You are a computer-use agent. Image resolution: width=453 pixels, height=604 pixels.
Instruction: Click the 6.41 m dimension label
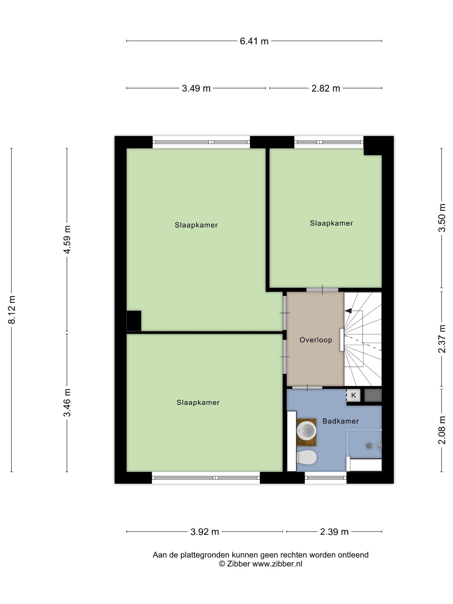pyautogui.click(x=254, y=41)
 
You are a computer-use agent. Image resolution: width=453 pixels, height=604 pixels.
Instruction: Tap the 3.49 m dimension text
pyautogui.click(x=196, y=88)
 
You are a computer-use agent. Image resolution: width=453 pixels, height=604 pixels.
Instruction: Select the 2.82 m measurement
pyautogui.click(x=326, y=88)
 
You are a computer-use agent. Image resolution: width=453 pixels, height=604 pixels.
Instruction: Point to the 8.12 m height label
pyautogui.click(x=12, y=310)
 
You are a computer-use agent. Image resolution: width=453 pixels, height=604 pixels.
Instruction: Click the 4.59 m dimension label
pyautogui.click(x=67, y=239)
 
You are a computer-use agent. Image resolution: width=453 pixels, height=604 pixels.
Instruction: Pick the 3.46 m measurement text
pyautogui.click(x=67, y=403)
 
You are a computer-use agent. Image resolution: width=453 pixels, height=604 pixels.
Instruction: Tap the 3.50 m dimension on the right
pyautogui.click(x=442, y=218)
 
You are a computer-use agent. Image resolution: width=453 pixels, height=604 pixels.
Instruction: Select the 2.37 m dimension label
pyautogui.click(x=442, y=339)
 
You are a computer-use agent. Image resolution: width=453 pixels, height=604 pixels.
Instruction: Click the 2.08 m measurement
pyautogui.click(x=442, y=430)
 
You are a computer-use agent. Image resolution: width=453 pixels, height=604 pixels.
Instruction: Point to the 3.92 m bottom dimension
pyautogui.click(x=205, y=532)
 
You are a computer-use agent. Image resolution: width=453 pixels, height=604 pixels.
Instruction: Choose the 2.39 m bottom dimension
pyautogui.click(x=334, y=532)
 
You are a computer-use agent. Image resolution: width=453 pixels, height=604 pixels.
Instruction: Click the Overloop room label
pyautogui.click(x=316, y=340)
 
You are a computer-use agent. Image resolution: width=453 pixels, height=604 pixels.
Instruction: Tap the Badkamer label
pyautogui.click(x=341, y=421)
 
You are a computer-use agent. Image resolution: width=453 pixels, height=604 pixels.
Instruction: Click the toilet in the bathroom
pyautogui.click(x=307, y=457)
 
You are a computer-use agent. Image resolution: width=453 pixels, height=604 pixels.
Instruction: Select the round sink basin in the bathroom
pyautogui.click(x=306, y=430)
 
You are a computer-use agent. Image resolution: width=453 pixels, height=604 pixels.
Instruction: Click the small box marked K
pyautogui.click(x=353, y=395)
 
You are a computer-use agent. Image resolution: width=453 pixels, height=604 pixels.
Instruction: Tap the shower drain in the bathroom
pyautogui.click(x=369, y=446)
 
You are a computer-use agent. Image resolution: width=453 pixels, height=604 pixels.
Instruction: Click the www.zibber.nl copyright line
pyautogui.click(x=261, y=564)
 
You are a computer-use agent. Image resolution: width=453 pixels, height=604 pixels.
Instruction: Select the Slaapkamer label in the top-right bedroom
pyautogui.click(x=331, y=223)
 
